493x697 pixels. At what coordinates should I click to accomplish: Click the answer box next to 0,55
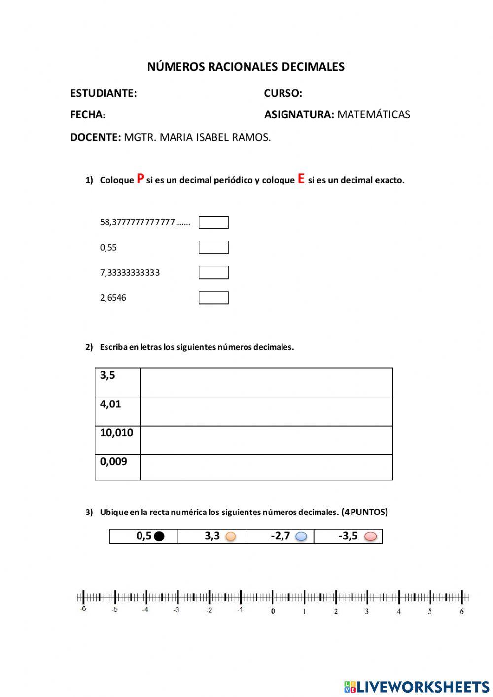(213, 247)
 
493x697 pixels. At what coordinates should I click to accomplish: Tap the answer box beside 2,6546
(213, 298)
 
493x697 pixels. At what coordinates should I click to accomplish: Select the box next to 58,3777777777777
(213, 222)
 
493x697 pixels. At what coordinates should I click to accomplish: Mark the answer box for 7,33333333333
(213, 272)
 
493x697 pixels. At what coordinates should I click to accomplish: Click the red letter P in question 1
(141, 179)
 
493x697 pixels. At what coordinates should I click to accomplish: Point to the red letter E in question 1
(301, 179)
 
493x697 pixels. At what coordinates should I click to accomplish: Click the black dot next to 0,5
(159, 536)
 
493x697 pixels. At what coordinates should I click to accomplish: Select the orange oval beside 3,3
(230, 536)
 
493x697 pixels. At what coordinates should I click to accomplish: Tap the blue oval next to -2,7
(301, 536)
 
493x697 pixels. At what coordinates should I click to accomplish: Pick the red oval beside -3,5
(370, 536)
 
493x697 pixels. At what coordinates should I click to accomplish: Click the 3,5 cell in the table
(117, 382)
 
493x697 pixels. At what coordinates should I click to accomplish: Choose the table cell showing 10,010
(117, 440)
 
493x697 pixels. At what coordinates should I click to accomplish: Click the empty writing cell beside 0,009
(266, 467)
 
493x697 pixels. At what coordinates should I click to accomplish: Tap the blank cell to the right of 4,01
(266, 411)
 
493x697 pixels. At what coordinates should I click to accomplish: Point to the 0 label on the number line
(273, 611)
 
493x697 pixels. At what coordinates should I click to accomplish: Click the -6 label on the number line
(83, 609)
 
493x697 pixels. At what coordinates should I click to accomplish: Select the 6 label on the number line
(462, 612)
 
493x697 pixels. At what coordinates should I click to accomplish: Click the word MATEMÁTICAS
(374, 115)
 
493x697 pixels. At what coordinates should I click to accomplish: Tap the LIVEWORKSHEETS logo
(417, 686)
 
